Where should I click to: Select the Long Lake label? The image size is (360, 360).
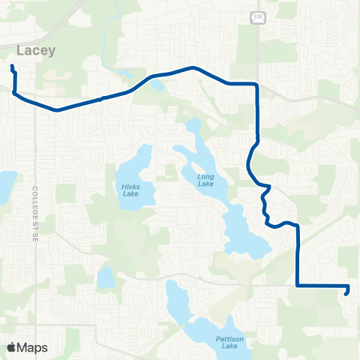coord(205,179)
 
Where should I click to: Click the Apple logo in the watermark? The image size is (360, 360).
coord(11,347)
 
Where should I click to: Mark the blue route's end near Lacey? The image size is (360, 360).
coord(12,67)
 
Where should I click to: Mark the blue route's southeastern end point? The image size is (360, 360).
coord(345,293)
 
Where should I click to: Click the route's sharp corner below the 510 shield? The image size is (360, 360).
coord(257,84)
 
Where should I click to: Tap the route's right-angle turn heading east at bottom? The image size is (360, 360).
coord(298,285)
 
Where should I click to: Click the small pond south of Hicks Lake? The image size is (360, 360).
coord(106,277)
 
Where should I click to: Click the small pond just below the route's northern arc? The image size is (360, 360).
coord(156,84)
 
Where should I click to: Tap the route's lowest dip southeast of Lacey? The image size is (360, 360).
coord(56,109)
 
